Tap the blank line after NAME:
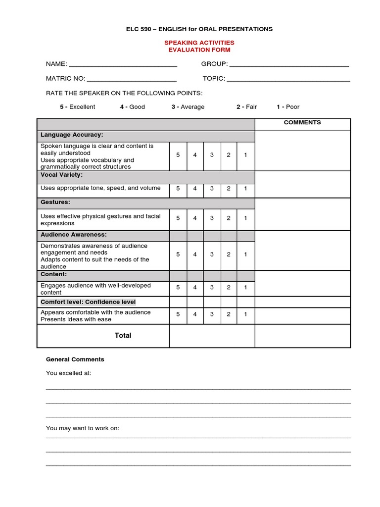123,64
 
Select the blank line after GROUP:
289,64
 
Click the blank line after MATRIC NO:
131,79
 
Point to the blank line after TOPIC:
288,79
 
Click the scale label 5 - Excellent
78,107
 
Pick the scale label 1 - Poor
288,107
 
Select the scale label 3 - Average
188,107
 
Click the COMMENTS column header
302,122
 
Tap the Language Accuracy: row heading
72,135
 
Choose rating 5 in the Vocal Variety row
178,189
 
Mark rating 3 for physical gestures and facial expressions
212,218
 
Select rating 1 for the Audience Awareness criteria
245,254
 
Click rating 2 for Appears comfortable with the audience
229,314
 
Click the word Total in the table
123,336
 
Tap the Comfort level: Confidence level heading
88,302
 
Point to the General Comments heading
75,359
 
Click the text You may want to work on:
83,428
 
